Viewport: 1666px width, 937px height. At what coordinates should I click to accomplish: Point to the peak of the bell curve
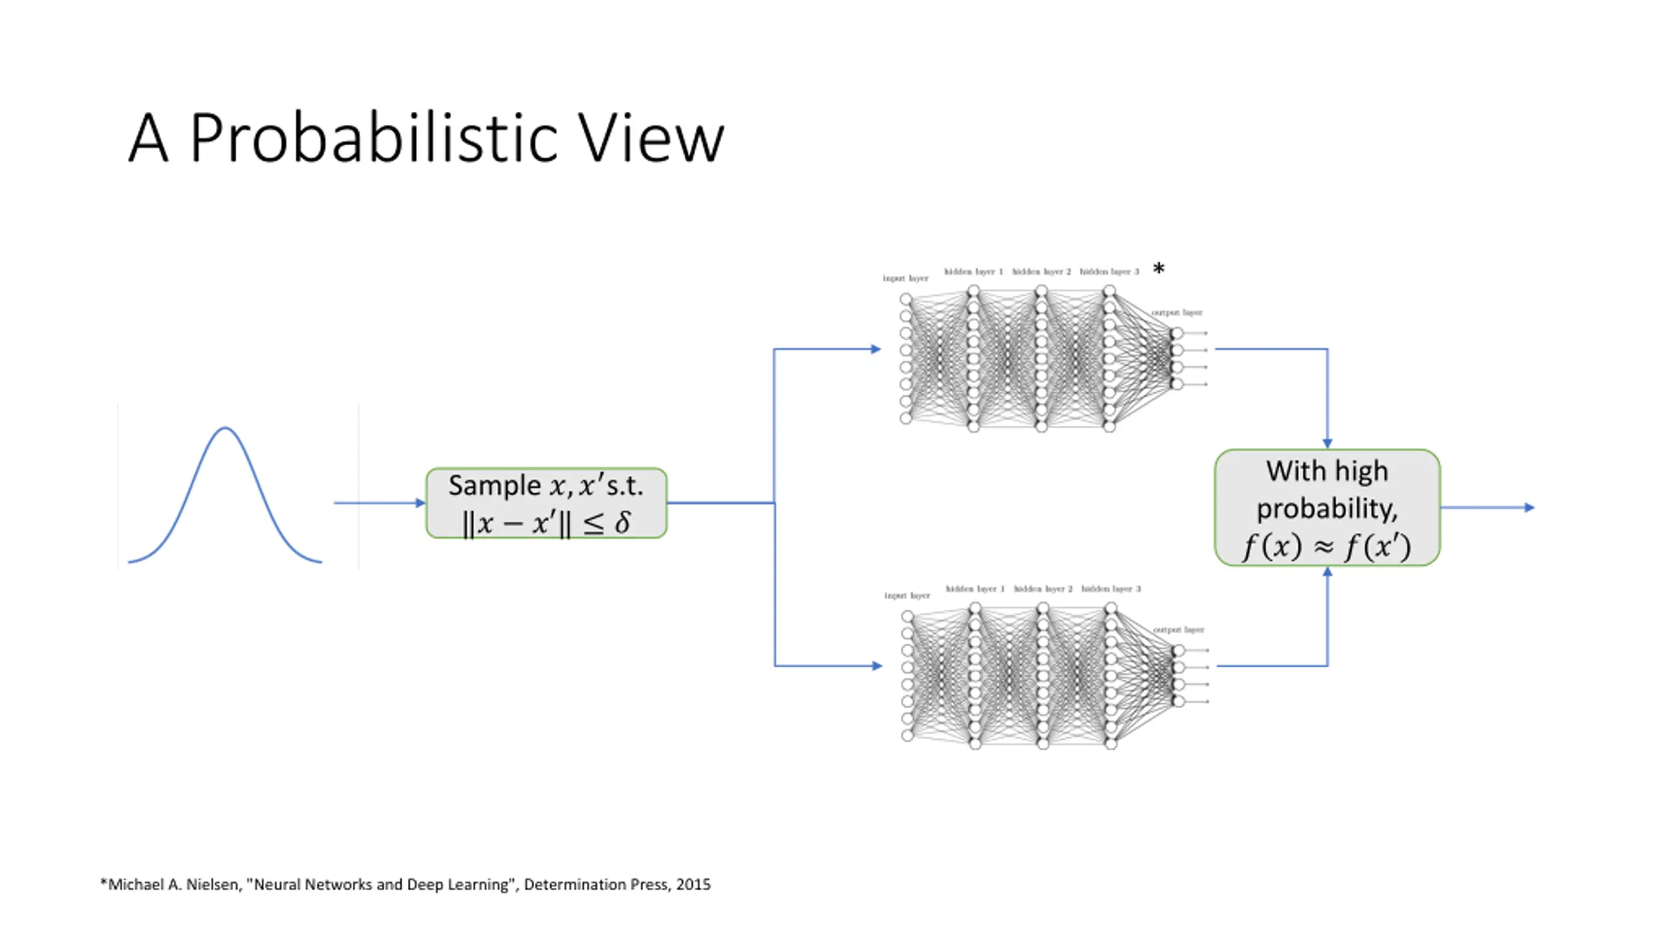pos(225,428)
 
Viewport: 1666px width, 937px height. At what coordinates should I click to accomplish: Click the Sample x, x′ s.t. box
pos(546,503)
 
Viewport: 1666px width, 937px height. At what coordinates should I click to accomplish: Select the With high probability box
pos(1327,508)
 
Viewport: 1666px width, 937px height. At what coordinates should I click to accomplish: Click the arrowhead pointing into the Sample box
pos(420,503)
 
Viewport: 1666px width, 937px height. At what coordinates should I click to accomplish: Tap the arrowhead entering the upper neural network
pos(875,349)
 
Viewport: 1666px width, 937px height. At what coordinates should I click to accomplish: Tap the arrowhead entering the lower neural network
pos(877,666)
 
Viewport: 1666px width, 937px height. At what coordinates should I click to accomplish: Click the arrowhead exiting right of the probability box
pos(1529,508)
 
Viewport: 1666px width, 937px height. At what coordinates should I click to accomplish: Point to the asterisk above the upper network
pos(1158,269)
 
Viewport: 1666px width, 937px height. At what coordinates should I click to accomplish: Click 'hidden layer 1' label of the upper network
pos(974,271)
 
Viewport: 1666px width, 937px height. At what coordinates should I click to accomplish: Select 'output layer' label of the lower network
pos(1179,629)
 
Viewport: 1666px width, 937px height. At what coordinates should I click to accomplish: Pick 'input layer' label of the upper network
pos(905,278)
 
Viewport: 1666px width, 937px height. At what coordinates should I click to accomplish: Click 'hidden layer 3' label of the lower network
pos(1111,589)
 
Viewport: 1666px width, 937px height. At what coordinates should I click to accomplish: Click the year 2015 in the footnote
pos(693,884)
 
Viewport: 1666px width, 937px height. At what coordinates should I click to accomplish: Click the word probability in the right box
pos(1326,509)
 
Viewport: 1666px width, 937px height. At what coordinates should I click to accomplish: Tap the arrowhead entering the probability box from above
pos(1328,444)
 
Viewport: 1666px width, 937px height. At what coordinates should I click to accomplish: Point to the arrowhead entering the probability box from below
pos(1328,572)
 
